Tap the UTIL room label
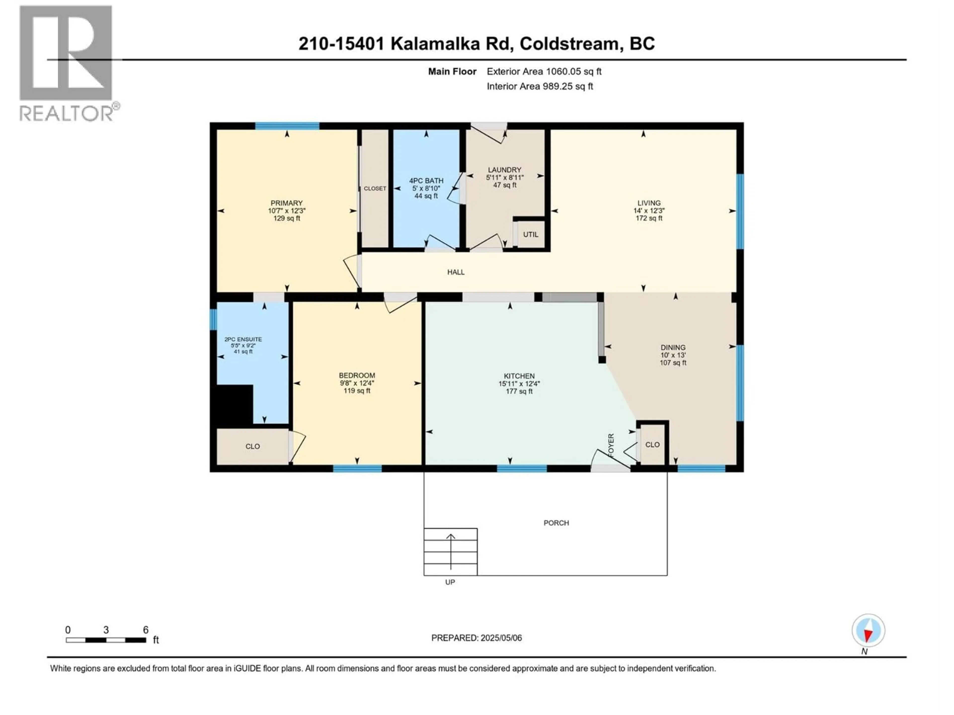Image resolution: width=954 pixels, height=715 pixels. coord(530,234)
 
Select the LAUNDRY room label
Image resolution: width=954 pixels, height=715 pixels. coord(505,170)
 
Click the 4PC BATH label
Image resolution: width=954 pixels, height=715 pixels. coord(426,180)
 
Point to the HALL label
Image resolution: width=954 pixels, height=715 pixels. coord(456,272)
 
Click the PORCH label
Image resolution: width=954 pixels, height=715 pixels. coord(556,523)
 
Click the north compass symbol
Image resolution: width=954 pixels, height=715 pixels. coord(868,631)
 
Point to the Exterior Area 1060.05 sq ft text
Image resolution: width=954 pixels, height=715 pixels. coord(544,71)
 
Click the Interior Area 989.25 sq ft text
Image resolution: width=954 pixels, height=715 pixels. coord(540,86)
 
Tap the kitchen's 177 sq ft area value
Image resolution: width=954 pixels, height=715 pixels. coord(519,391)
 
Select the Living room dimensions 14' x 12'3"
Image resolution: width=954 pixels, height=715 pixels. coord(649,211)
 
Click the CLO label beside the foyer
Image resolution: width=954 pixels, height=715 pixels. coord(652,444)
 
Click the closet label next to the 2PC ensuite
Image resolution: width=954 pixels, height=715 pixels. coord(253,446)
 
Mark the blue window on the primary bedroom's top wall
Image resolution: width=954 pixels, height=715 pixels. coord(287,126)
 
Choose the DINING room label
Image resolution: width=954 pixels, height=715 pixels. coord(673,347)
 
